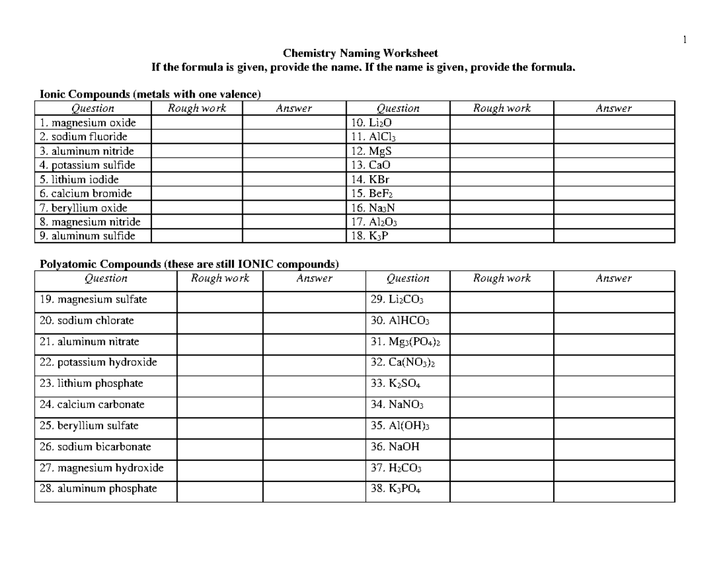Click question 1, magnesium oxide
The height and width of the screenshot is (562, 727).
[84, 122]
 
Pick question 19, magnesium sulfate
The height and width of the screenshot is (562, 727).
[93, 299]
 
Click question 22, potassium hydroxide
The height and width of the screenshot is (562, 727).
[98, 363]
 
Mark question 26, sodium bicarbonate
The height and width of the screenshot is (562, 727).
[95, 447]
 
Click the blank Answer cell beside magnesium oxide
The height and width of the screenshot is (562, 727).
[293, 122]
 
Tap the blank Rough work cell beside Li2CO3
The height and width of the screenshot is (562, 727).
[502, 299]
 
